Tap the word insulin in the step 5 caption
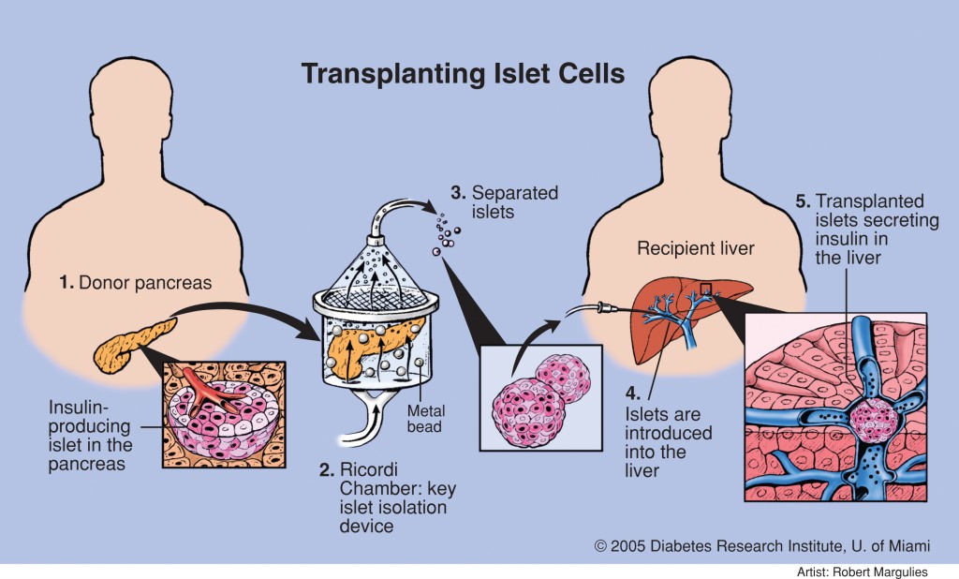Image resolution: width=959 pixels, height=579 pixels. [840, 238]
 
